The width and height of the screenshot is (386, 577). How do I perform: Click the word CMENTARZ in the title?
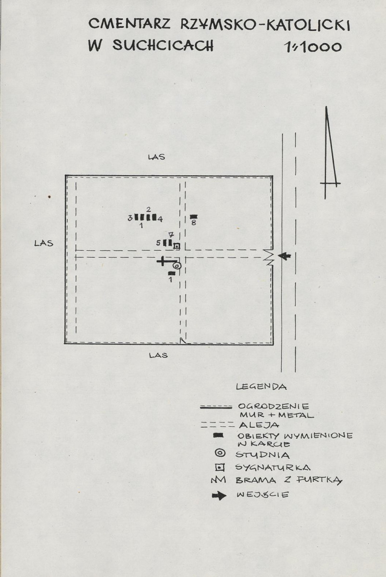coord(129,25)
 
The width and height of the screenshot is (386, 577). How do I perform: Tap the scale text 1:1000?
coord(313,47)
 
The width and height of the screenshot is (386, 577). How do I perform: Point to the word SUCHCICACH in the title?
coord(162,45)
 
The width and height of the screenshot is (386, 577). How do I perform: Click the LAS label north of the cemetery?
coord(156,157)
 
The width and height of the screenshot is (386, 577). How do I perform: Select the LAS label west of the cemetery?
coord(44,243)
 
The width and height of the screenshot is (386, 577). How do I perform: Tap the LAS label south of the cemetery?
coord(159,356)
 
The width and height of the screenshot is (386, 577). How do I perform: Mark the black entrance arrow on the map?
coord(284,256)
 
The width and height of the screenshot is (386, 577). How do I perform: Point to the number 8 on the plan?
coord(193,223)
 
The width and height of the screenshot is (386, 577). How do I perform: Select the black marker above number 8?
coord(193,217)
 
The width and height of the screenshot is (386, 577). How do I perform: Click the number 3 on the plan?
coord(130,218)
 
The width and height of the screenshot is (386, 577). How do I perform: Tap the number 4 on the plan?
coord(160,219)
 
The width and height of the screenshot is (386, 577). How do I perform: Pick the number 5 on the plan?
coord(159,243)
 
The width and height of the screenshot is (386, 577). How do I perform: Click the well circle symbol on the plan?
coord(177,265)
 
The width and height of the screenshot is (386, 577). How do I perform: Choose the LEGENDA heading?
coord(261,387)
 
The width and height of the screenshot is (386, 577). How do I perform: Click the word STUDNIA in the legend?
coord(262,455)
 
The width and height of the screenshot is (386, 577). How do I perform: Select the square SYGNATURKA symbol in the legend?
coord(220,468)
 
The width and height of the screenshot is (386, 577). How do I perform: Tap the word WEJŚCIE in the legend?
coord(262,495)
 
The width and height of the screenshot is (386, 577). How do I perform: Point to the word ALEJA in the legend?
coord(259,425)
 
